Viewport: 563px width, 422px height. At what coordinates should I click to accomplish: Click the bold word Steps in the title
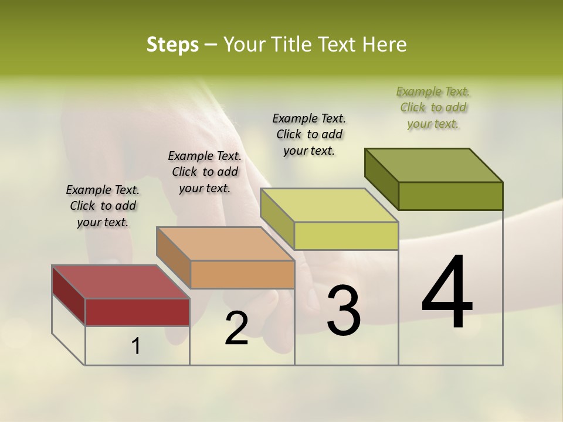tap(172, 45)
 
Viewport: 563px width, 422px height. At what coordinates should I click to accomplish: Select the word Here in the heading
tap(384, 45)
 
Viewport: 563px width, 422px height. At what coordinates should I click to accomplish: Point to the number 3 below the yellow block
tap(343, 310)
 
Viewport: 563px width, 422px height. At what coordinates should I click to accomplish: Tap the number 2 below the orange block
tap(236, 328)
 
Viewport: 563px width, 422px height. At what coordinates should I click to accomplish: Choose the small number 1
tap(135, 346)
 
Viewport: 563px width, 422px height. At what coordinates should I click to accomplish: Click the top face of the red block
tap(120, 282)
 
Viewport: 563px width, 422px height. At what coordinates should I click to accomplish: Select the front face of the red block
tap(137, 312)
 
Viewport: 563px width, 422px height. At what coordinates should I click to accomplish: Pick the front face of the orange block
tap(242, 274)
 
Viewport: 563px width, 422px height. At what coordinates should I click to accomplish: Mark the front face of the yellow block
tap(346, 236)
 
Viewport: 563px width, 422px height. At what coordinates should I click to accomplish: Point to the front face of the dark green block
tap(450, 196)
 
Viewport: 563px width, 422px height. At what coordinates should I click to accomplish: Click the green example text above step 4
tap(433, 107)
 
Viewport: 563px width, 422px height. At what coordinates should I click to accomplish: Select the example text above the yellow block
tap(309, 134)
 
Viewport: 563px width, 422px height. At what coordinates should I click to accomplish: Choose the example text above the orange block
tap(205, 172)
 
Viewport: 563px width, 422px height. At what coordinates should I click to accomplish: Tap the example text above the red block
tap(103, 206)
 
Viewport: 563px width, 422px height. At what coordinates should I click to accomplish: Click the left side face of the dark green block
tap(382, 179)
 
